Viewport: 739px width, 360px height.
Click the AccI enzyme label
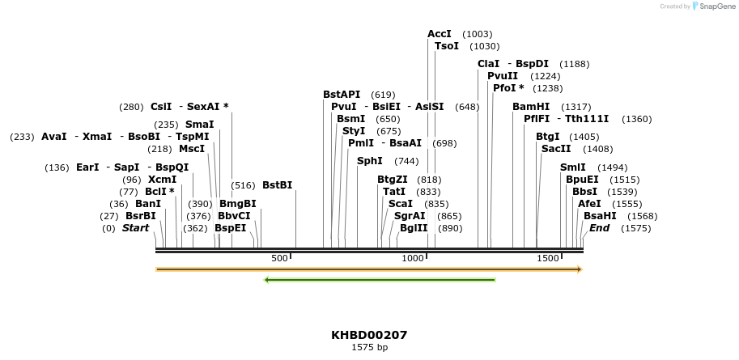coord(440,34)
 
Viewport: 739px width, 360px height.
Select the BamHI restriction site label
coord(531,107)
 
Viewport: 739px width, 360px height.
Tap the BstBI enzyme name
coord(277,185)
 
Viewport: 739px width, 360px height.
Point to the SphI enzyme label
coord(370,161)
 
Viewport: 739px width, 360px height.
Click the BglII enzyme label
coord(414,228)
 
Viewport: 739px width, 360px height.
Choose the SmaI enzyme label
coord(199,125)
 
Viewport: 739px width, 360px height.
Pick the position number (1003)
coord(477,34)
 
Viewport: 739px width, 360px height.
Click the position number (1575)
coord(636,228)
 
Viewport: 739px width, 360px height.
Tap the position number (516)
coord(243,185)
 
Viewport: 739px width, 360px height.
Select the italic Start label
coord(135,228)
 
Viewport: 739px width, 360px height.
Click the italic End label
coord(599,228)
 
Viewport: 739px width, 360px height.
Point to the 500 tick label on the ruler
coord(279,258)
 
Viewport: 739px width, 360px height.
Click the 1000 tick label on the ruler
coord(414,258)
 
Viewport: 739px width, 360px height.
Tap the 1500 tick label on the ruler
coord(548,258)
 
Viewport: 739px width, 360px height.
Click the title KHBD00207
coord(369,335)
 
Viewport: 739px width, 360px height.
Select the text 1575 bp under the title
coord(369,348)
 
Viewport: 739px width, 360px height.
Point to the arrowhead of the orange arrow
coord(579,269)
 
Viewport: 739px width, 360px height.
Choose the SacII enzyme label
coord(555,149)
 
